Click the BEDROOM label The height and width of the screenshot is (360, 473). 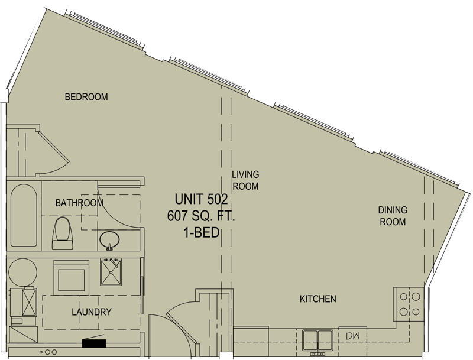86,97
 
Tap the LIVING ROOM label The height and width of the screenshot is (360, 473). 245,180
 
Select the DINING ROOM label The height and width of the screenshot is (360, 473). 393,216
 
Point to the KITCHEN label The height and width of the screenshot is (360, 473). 318,299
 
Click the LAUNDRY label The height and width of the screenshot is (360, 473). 92,312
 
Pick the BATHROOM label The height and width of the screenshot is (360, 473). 79,203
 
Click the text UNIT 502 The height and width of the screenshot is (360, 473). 201,199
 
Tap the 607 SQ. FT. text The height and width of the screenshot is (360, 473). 201,216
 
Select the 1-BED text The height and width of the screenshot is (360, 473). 201,232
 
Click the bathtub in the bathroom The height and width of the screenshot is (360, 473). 24,216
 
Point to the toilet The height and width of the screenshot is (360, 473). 63,233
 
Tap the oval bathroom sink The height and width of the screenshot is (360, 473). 109,239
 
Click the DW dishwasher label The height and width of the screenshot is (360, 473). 352,336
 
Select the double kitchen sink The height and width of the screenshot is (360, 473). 318,341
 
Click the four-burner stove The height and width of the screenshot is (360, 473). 409,304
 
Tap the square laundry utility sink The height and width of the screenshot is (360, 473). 111,272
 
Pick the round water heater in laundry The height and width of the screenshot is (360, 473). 23,272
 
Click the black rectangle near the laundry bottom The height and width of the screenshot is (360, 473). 94,343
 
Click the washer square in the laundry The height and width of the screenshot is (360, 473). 72,278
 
